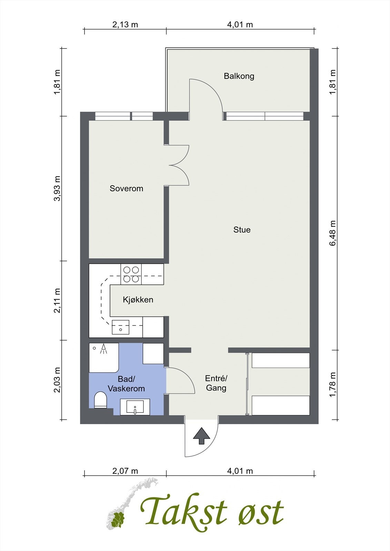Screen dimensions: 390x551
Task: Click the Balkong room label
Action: (239, 76)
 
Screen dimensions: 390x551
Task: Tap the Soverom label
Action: (127, 188)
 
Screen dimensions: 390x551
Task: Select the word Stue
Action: (242, 230)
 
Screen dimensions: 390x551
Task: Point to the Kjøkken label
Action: (138, 300)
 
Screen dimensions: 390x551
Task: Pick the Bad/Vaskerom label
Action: (126, 384)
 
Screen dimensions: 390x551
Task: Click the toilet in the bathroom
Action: (101, 400)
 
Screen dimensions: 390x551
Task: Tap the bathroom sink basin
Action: (135, 407)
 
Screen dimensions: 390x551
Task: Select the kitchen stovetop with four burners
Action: (131, 274)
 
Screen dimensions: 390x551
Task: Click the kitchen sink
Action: (120, 327)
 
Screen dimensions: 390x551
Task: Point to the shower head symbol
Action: (104, 349)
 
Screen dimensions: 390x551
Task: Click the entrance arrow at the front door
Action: (201, 436)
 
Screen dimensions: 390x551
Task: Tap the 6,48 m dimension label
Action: (333, 233)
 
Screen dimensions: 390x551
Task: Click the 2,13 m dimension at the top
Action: (125, 24)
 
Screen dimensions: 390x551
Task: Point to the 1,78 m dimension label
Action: (333, 385)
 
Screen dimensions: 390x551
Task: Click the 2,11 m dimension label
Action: (57, 301)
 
